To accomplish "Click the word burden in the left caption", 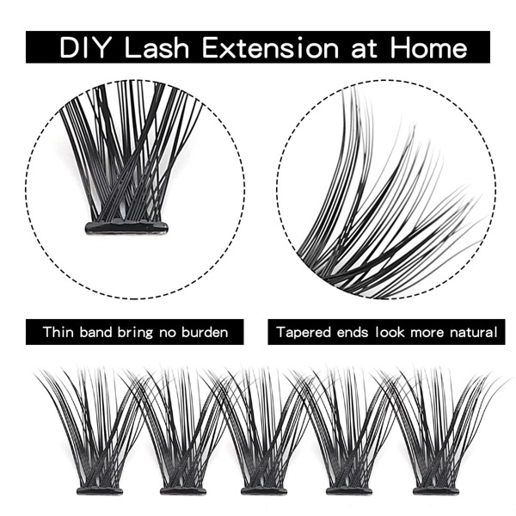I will (204, 331).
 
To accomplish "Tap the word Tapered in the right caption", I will (304, 331).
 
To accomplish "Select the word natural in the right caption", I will (467, 331).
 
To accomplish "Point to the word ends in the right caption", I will (353, 331).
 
